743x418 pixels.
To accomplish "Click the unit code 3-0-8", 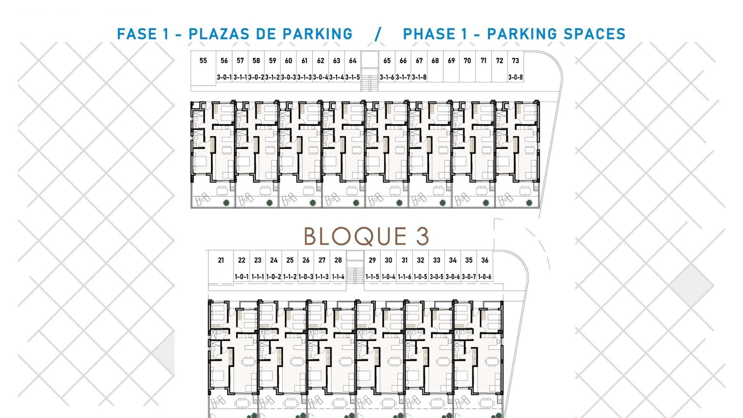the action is [515, 77].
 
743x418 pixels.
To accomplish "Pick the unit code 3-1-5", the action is [353, 77].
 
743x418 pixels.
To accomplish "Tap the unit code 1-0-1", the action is [242, 277].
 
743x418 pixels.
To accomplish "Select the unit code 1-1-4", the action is [338, 277].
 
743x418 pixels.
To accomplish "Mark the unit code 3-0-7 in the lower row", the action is [469, 277].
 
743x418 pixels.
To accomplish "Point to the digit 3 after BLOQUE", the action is [423, 236].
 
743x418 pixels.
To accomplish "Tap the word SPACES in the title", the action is [595, 34].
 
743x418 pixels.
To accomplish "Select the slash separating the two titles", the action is [378, 34].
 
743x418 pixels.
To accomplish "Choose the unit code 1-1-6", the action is [404, 277].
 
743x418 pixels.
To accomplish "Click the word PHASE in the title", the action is [429, 34].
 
